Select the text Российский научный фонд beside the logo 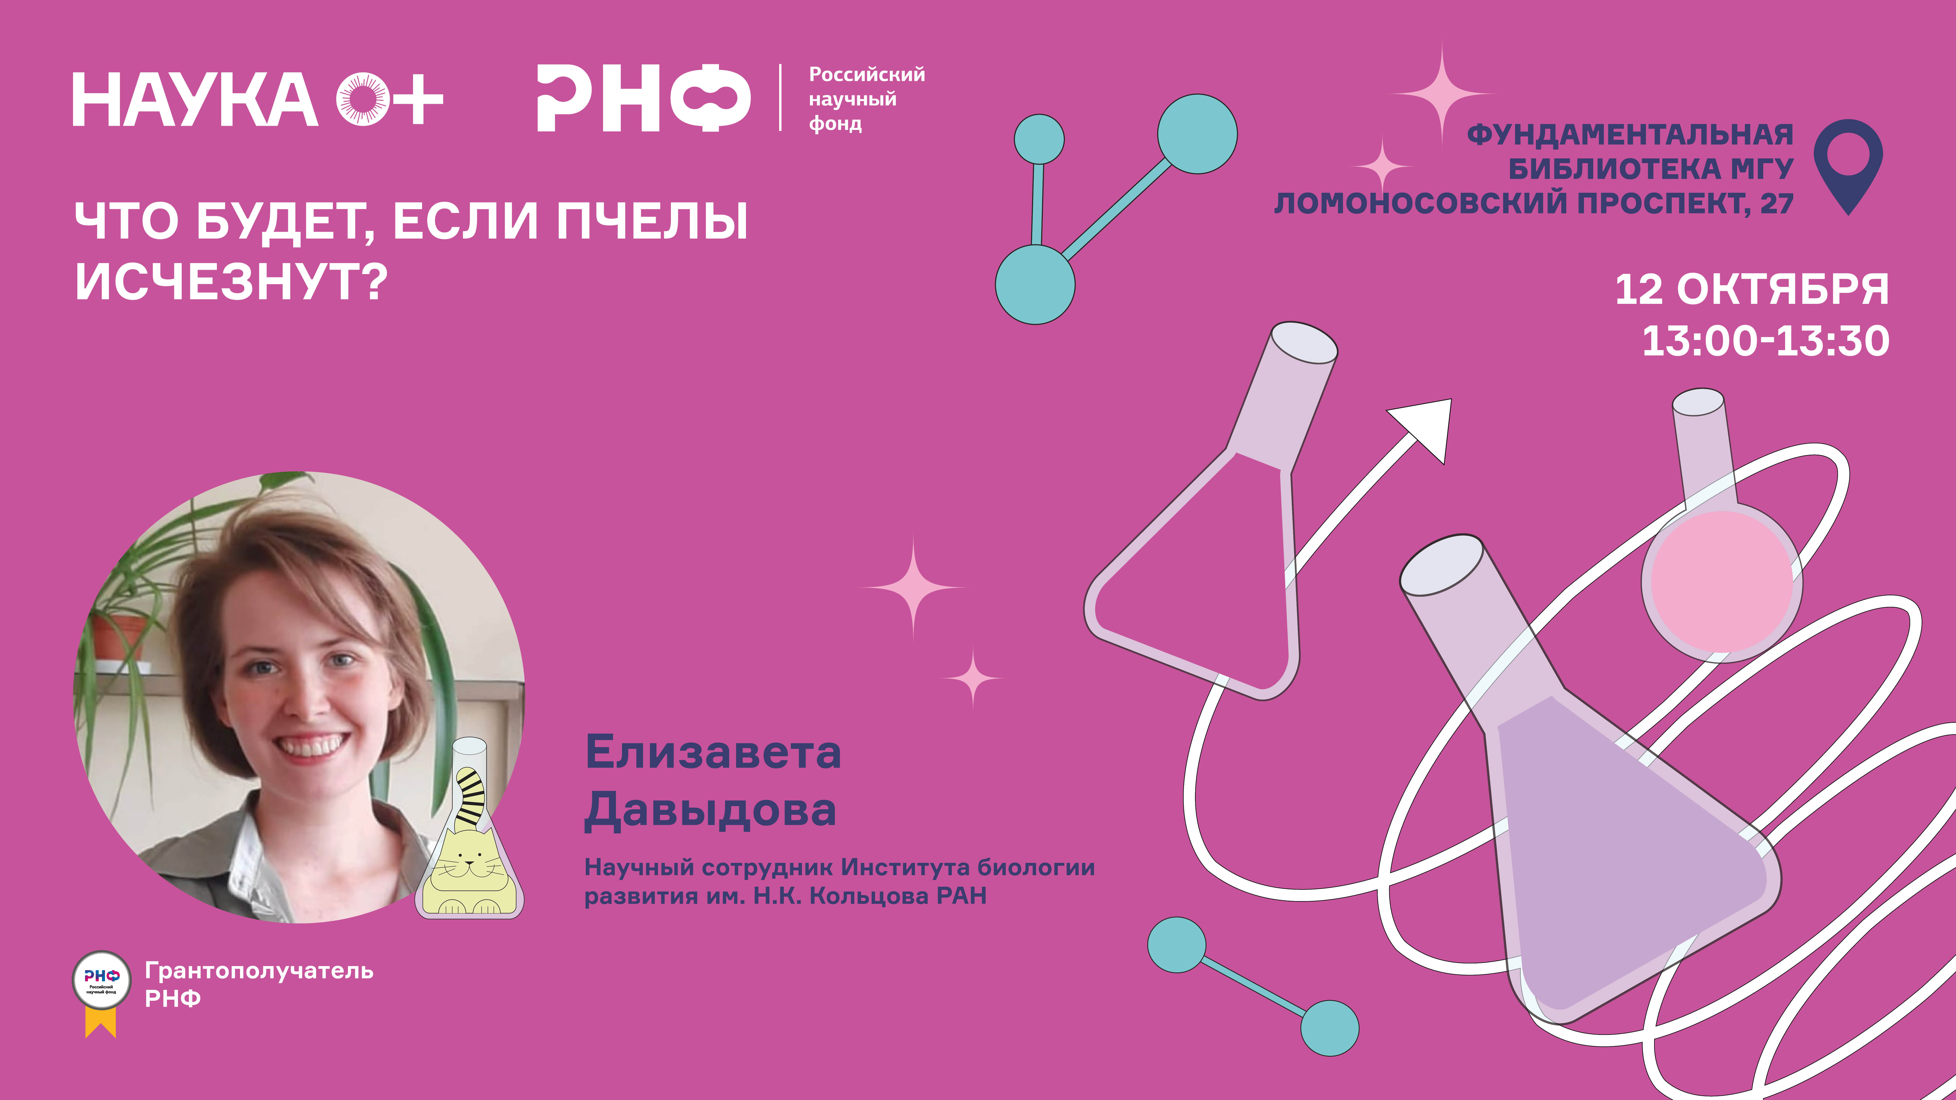pyautogui.click(x=866, y=99)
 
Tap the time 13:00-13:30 pyautogui.click(x=1766, y=341)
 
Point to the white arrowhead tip pyautogui.click(x=1451, y=400)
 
